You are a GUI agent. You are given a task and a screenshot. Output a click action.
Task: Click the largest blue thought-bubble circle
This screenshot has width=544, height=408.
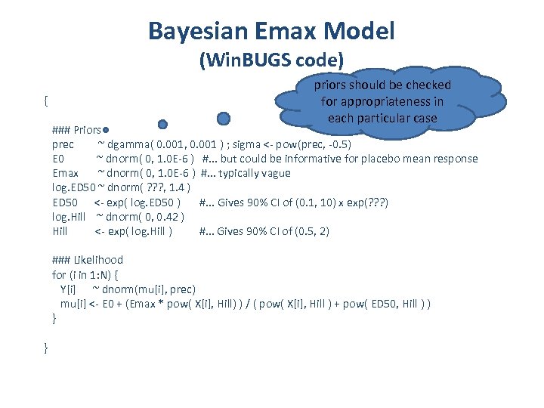tap(224, 119)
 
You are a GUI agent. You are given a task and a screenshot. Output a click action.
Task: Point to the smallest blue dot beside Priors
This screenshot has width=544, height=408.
tap(110, 129)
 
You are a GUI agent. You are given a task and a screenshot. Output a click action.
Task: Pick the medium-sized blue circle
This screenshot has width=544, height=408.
tap(162, 124)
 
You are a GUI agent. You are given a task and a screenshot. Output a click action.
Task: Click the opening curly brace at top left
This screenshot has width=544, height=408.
tap(47, 100)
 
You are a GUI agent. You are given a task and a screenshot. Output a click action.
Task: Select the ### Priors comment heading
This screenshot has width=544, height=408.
tap(78, 129)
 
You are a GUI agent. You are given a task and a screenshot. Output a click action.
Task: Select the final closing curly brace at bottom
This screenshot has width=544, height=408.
tap(47, 348)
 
